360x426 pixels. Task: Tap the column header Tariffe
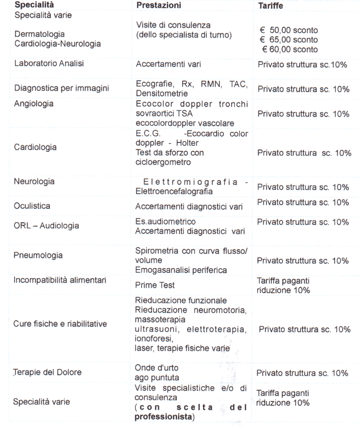271,7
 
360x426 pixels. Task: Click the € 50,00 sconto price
288,31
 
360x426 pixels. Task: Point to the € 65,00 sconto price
288,40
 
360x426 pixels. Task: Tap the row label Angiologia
34,104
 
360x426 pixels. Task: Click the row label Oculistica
32,206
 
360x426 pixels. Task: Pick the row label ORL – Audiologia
47,226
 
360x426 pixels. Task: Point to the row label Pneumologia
38,255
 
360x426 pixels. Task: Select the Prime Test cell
155,285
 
